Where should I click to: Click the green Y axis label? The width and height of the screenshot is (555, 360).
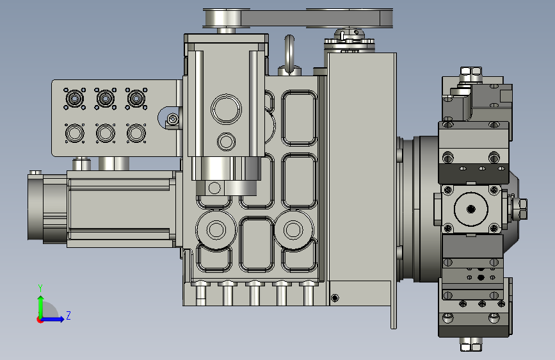point(40,288)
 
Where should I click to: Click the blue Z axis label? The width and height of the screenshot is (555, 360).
point(68,315)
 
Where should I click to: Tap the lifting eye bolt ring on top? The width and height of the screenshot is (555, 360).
point(289,53)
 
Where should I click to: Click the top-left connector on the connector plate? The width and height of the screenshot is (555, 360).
point(74,98)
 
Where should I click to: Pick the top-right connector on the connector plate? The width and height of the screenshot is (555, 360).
point(136,98)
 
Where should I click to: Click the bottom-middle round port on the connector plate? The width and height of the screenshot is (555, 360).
point(106,133)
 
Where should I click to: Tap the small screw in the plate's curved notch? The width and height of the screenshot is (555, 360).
point(172,119)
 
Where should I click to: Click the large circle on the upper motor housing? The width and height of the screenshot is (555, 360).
point(226,109)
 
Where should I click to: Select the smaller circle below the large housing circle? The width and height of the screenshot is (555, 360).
point(226,142)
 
